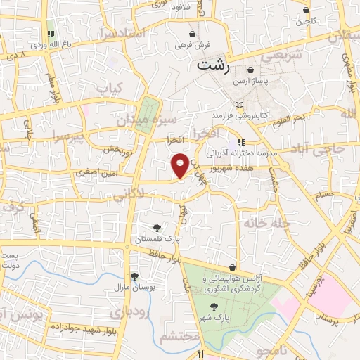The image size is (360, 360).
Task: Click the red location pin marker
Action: coord(180,165)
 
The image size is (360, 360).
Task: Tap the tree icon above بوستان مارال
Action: coord(134,276)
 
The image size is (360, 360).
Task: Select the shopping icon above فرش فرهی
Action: coord(192,34)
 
